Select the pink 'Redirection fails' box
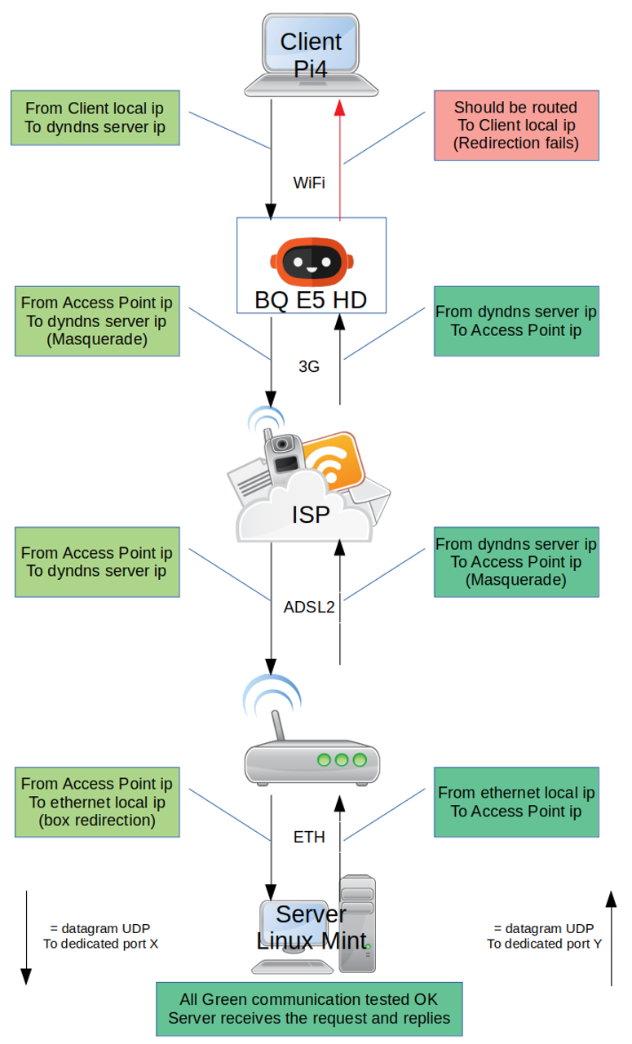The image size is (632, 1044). (515, 126)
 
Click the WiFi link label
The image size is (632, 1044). (309, 183)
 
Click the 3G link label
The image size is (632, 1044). (308, 367)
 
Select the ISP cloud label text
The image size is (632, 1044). (311, 515)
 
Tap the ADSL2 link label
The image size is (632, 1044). (309, 607)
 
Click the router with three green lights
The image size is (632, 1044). (312, 759)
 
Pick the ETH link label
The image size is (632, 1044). (309, 837)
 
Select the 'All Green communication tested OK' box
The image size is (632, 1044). (309, 1008)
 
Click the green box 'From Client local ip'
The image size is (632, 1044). (95, 117)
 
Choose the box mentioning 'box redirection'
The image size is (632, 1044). (97, 802)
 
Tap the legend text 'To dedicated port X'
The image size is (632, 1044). (100, 943)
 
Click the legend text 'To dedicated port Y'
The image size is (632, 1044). (544, 944)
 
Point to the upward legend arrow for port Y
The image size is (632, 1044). (611, 938)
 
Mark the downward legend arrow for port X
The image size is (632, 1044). (26, 938)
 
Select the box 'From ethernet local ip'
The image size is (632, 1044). (516, 802)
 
